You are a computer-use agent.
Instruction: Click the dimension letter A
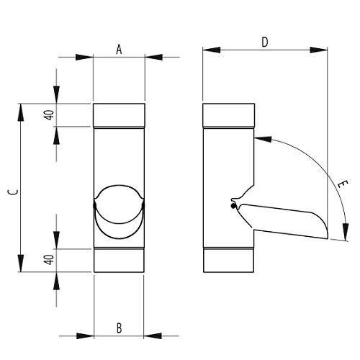[119, 50]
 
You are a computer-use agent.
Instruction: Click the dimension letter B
[119, 328]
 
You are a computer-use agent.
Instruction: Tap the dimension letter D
[265, 42]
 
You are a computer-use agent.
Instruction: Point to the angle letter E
[343, 184]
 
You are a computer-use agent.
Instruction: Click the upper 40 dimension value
[50, 115]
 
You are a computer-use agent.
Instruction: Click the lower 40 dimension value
[50, 260]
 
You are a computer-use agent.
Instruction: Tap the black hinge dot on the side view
[233, 206]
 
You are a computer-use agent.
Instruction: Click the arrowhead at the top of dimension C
[21, 112]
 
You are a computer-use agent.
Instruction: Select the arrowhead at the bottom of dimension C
[21, 264]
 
